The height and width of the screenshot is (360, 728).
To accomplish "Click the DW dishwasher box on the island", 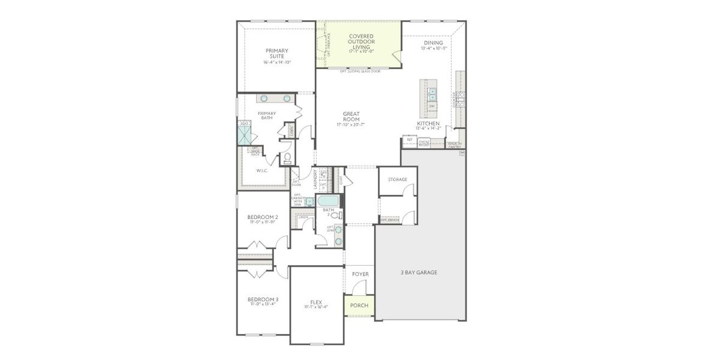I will coord(431,106).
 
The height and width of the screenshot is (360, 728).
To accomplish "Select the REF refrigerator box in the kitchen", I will coord(410,140).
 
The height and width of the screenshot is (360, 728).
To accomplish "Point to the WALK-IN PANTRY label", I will coord(454,145).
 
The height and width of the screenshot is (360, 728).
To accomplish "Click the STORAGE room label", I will coord(397,179).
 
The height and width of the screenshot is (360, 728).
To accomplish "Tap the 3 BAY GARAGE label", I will coord(419,272).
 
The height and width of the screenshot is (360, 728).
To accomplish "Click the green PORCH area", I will coord(359,305).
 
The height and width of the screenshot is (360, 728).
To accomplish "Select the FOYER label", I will coord(360,274).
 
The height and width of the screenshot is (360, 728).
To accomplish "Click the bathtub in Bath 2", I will coord(328,200).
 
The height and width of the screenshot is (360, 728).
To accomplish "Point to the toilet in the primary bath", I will coord(287,158).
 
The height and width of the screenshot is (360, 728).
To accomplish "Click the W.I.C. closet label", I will coord(261,171).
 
